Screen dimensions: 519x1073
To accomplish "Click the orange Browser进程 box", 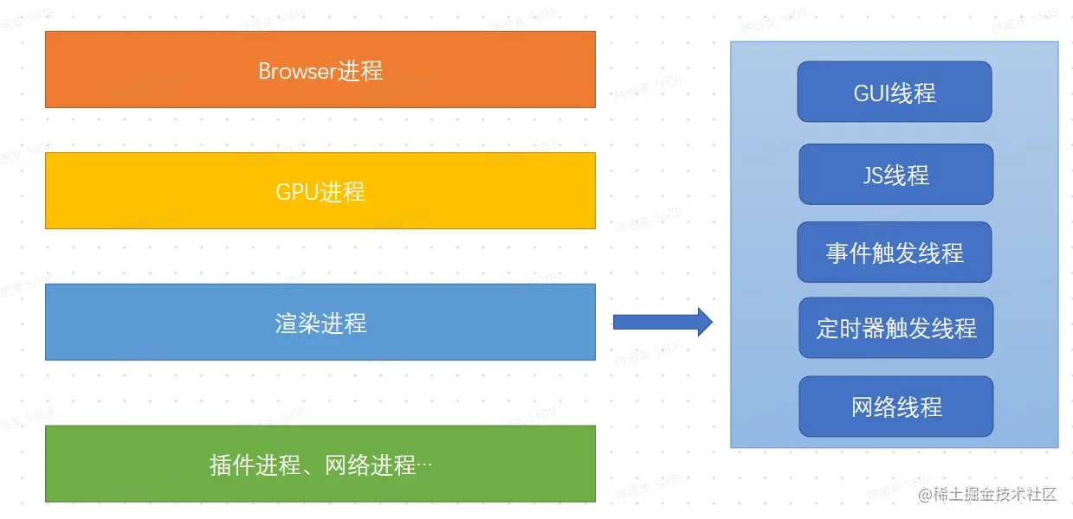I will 320,69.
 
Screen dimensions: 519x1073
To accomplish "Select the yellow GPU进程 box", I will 320,190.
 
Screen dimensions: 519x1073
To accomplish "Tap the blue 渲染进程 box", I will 320,322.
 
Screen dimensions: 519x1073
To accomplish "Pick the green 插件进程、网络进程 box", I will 320,464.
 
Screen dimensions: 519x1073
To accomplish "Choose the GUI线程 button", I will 895,92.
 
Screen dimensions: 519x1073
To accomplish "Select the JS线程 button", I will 895,175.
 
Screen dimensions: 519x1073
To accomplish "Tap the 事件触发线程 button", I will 895,253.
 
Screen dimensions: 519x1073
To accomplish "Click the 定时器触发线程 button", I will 895,328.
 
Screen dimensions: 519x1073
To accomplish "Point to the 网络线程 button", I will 895,407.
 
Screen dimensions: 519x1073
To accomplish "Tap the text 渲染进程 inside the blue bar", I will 320,323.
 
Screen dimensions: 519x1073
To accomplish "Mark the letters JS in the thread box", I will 872,176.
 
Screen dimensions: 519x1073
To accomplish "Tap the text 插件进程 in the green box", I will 250,465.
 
